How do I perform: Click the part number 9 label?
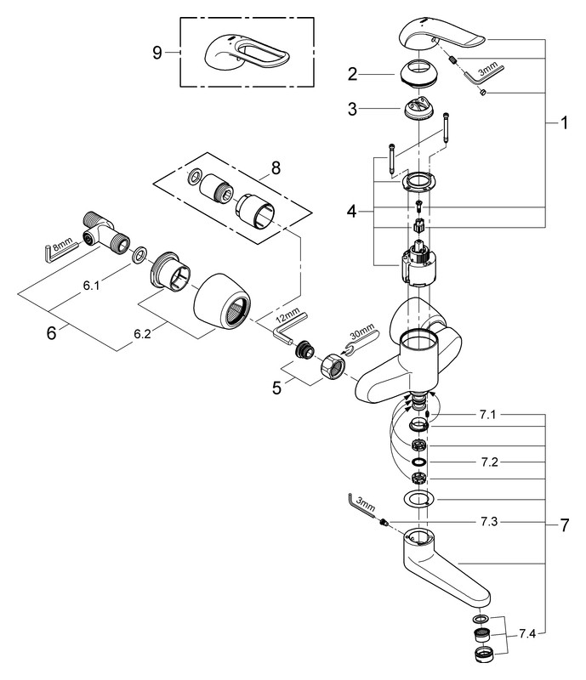[x=156, y=53]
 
